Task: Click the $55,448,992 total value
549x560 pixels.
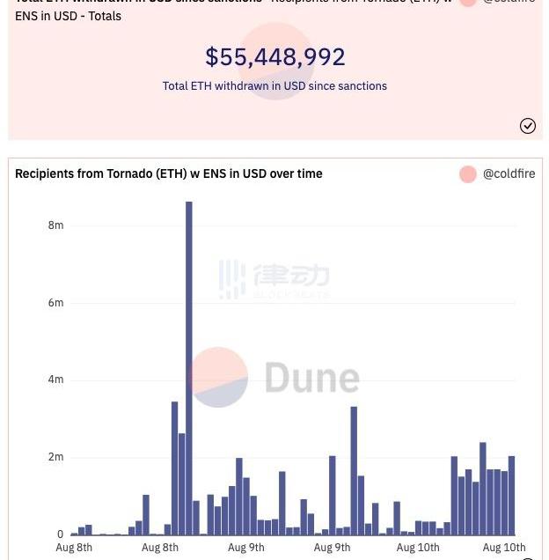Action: (274, 57)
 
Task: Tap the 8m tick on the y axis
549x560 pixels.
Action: (55, 225)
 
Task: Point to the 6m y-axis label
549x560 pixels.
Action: (55, 303)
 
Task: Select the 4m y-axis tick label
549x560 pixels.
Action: (55, 379)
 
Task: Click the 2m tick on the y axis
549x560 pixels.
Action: (55, 457)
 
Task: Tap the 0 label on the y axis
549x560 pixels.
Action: (60, 534)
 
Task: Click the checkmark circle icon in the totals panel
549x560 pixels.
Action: (528, 126)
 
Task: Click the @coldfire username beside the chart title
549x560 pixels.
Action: (509, 174)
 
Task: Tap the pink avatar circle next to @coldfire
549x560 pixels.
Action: (468, 174)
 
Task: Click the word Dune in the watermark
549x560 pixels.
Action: (311, 378)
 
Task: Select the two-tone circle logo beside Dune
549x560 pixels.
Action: (218, 378)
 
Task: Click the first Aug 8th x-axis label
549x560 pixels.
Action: (74, 548)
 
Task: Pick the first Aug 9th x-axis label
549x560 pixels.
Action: (246, 548)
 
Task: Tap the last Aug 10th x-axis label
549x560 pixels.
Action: (504, 548)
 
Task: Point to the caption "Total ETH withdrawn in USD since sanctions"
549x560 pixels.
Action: (274, 86)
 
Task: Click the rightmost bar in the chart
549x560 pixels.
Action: (511, 496)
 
